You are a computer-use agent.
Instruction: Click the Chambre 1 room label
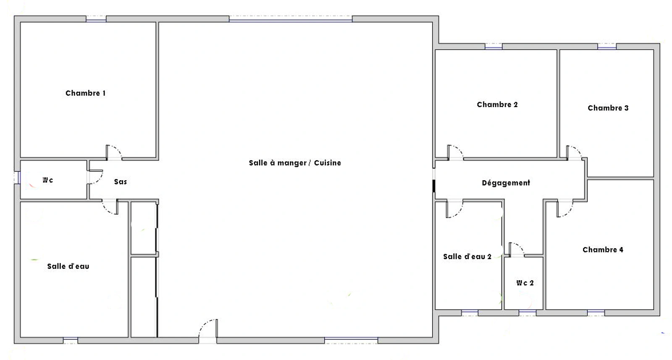point(86,93)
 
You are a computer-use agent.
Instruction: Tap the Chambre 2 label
point(497,105)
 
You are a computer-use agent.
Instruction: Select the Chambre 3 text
point(608,108)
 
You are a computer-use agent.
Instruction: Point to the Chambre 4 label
point(603,250)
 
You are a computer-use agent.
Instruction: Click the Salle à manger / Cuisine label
point(295,163)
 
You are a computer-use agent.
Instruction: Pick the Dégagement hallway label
point(506,183)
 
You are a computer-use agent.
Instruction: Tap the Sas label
point(120,182)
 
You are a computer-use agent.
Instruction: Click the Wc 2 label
point(525,283)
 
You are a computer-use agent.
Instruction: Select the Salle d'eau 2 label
point(467,257)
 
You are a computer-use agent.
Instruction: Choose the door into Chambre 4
point(565,208)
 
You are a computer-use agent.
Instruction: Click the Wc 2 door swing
point(517,250)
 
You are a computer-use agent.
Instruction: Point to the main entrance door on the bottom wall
point(208,329)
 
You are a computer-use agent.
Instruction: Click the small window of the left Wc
point(17,178)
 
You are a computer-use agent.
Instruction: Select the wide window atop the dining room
point(290,19)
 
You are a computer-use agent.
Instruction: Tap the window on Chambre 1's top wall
point(96,19)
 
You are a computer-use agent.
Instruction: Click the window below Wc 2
point(528,313)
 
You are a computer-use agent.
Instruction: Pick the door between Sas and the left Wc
point(95,177)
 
